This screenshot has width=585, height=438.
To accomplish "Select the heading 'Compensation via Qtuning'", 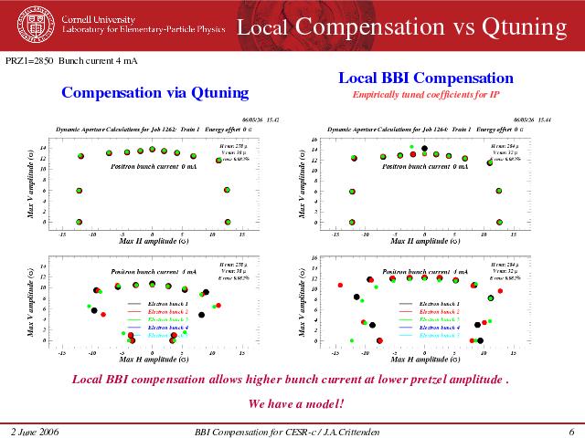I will (x=154, y=92).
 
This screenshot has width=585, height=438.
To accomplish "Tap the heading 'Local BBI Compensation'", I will (x=426, y=78).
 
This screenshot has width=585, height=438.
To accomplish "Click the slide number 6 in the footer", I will (x=570, y=430).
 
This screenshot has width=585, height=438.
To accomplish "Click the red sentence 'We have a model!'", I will (x=296, y=403).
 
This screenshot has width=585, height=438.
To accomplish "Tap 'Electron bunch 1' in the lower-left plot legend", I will (x=168, y=303).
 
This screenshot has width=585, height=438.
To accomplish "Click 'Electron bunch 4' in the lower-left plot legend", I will (x=168, y=328).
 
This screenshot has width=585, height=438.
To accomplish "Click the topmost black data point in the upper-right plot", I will (x=424, y=148).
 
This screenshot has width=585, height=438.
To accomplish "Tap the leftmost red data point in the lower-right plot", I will (x=341, y=286).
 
